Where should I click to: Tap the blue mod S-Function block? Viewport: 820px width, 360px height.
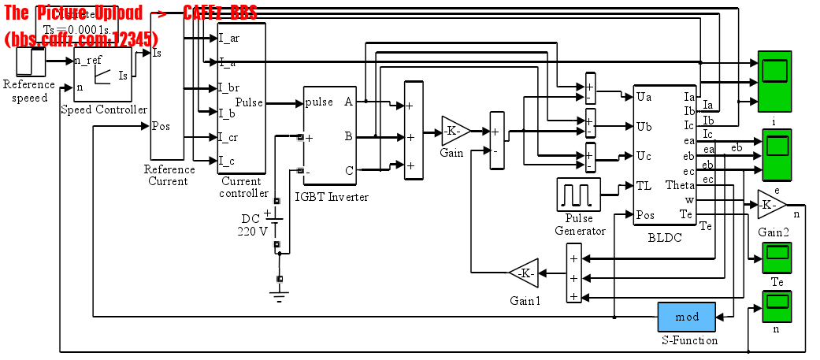pos(686,317)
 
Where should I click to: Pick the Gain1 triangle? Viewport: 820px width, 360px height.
pos(522,273)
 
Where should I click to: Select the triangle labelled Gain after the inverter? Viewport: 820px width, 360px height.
pos(455,131)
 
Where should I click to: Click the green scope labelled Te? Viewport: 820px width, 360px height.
pos(777,257)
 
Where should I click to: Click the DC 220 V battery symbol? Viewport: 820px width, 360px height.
pos(276,223)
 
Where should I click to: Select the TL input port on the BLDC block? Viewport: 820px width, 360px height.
pos(644,186)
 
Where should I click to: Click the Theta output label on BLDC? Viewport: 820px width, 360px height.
pos(680,186)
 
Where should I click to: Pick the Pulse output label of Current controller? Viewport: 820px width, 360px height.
pos(249,103)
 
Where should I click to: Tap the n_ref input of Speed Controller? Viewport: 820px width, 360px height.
pos(87,61)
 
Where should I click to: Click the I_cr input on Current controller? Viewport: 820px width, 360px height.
pos(229,137)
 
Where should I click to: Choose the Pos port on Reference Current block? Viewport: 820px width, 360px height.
pos(161,125)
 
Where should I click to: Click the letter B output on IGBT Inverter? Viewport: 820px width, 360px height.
pos(348,136)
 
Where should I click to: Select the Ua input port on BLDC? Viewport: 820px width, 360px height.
pos(644,97)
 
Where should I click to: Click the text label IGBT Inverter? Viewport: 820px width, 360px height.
pos(331,197)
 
